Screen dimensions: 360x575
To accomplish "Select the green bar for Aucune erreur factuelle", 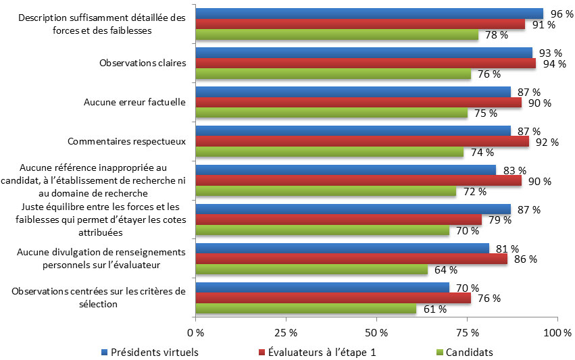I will pyautogui.click(x=331, y=113).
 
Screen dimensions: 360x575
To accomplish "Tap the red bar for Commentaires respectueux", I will pyautogui.click(x=362, y=142).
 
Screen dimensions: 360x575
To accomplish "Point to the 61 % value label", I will pyautogui.click(x=436, y=309).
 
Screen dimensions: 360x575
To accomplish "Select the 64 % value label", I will pyautogui.click(x=446, y=270).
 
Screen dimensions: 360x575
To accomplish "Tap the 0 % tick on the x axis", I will pyautogui.click(x=195, y=333).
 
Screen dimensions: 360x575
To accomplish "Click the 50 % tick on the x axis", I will pyautogui.click(x=376, y=333).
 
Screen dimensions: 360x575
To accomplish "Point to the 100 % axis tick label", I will pyautogui.click(x=558, y=333).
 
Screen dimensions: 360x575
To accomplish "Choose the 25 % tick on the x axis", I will pyautogui.click(x=286, y=333).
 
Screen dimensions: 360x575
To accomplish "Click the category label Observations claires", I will pyautogui.click(x=143, y=63).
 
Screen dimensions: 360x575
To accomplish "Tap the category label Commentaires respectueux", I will pyautogui.click(x=127, y=142).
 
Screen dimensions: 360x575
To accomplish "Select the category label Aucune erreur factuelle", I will pyautogui.click(x=134, y=102).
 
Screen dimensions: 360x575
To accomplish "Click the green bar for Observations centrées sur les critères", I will pyautogui.click(x=305, y=309).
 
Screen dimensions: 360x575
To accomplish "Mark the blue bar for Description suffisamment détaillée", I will pyautogui.click(x=369, y=14).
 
